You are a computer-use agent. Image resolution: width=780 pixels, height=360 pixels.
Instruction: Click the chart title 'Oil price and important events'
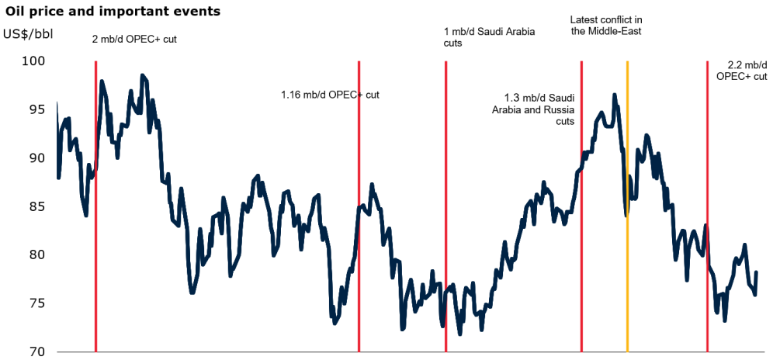tap(113, 12)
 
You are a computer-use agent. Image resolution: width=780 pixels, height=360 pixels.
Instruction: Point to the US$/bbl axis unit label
tap(29, 33)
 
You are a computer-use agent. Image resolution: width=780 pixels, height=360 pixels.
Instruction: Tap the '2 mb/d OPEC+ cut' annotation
tap(134, 38)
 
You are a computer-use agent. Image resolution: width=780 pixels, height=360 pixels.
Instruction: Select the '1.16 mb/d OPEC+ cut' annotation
tap(330, 95)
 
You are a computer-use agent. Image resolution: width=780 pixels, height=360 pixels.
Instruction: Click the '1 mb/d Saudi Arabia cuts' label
tap(489, 37)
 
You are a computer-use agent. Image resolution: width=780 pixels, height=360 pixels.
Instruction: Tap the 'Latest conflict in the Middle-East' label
tap(606, 25)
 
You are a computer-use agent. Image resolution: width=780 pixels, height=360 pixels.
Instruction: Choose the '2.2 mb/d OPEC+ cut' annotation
tap(741, 71)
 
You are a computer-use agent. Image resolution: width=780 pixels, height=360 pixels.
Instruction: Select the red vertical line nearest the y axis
tap(95, 233)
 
